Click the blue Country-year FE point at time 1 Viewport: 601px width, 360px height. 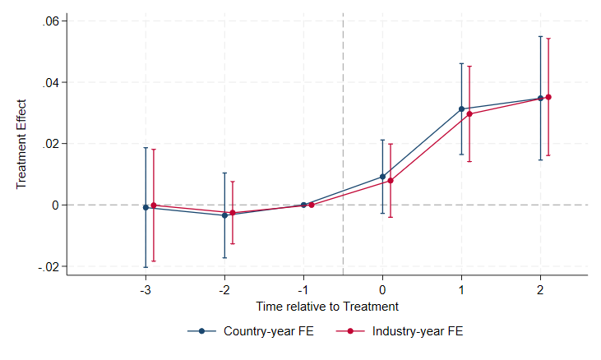(461, 108)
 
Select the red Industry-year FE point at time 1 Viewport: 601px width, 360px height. (469, 113)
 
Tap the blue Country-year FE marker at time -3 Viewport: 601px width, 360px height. (146, 207)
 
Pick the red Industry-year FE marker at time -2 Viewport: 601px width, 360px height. (233, 213)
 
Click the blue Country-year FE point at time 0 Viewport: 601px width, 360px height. (382, 176)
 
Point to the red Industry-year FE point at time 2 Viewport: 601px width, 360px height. (548, 97)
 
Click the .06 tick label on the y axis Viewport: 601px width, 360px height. (51, 21)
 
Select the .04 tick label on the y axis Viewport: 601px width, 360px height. (51, 82)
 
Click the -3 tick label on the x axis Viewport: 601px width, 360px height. (146, 290)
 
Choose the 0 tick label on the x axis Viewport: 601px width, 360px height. (382, 290)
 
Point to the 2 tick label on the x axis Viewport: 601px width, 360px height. (540, 290)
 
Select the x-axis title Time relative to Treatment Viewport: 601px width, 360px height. (326, 307)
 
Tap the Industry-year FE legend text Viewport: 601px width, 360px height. (418, 331)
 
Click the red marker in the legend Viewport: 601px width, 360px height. (351, 331)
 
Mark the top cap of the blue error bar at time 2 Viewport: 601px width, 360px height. (540, 36)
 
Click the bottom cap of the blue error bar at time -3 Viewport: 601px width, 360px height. (146, 267)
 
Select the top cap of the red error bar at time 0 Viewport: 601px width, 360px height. (391, 144)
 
